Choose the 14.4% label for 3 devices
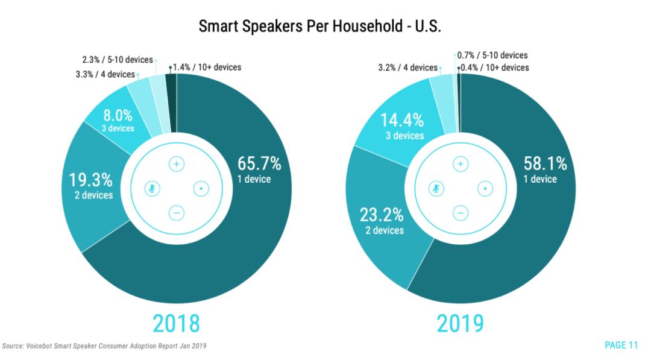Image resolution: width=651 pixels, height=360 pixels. point(403,119)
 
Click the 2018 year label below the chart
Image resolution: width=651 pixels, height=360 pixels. point(175,323)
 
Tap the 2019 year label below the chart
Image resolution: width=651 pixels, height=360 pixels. point(461,323)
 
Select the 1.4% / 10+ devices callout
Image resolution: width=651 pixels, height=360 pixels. point(207,67)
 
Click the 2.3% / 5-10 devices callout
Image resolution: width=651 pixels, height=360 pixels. point(118,60)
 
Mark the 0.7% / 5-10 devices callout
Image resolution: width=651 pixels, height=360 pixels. point(492,55)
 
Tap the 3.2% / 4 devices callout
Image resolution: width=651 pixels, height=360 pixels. point(407,68)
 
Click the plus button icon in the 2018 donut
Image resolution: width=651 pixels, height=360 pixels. point(176,164)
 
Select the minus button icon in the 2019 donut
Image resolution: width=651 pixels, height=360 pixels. point(461,213)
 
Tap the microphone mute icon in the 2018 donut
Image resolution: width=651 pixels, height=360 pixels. point(151,189)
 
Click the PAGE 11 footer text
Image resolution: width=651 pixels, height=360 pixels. point(621,345)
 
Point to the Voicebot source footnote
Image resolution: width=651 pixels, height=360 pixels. point(107,346)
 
